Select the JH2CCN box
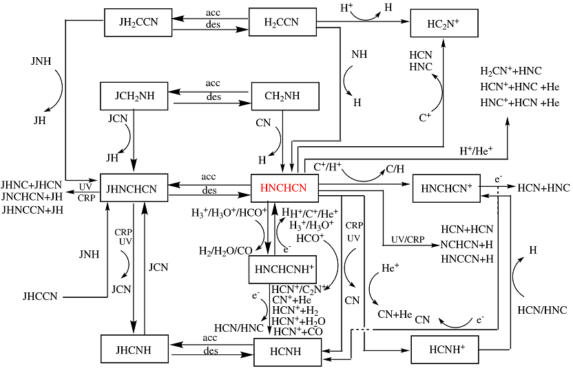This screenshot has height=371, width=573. [138, 22]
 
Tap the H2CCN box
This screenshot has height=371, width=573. [282, 22]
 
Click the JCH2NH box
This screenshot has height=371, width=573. [136, 97]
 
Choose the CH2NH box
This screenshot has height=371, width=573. [284, 97]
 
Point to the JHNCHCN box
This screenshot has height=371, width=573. [134, 188]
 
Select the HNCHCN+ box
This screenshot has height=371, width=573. [446, 188]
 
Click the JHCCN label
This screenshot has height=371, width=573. [40, 297]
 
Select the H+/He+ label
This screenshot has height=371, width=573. [476, 150]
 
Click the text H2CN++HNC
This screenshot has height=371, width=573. [510, 72]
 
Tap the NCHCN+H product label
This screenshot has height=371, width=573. [467, 243]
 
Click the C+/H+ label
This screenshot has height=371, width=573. [329, 166]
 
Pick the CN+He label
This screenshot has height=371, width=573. [395, 314]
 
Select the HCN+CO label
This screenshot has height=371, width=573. [298, 332]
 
